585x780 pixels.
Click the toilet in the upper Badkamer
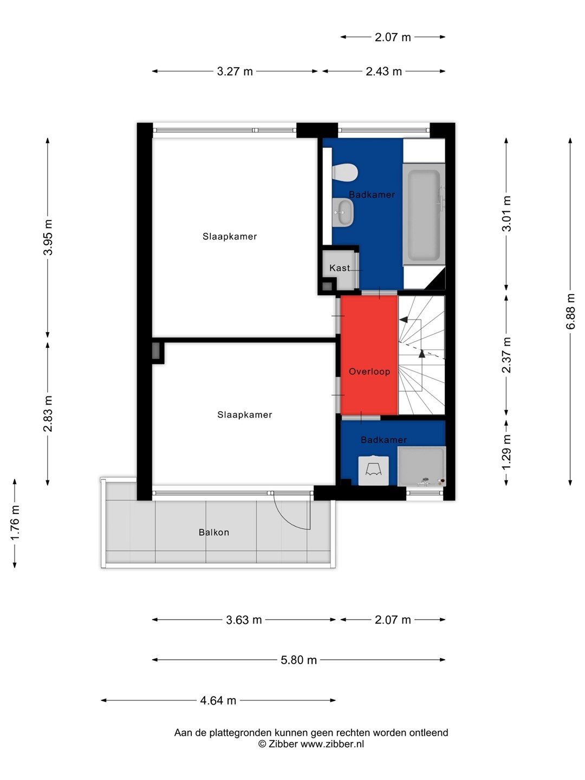click(345, 173)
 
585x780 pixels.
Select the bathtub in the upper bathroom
click(424, 214)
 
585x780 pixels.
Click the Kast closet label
click(340, 268)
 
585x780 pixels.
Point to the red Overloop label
click(369, 372)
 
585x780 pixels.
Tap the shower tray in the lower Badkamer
click(421, 466)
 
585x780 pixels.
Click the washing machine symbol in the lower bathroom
click(373, 471)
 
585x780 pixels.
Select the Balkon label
click(214, 532)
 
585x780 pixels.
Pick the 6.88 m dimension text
click(570, 311)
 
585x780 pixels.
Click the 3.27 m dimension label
click(235, 71)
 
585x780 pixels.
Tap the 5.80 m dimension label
click(298, 660)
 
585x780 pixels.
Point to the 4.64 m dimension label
click(218, 700)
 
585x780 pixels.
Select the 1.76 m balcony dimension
click(15, 522)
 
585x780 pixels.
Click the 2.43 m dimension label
click(383, 71)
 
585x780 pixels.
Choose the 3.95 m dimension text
click(48, 237)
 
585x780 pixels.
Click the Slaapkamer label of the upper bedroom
click(230, 236)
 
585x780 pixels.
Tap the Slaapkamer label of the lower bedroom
click(244, 415)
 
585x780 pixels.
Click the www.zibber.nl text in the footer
click(332, 744)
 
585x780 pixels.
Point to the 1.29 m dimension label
click(506, 452)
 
